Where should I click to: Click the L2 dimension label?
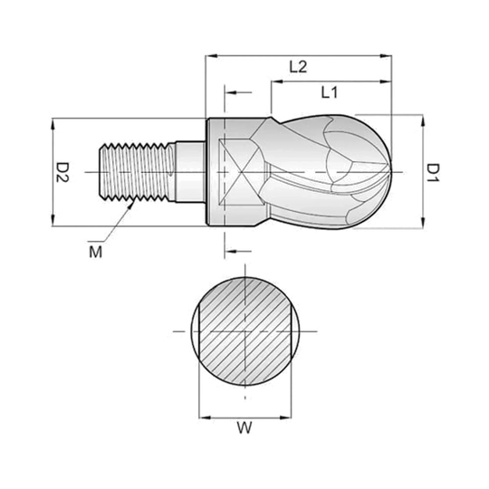click(x=298, y=67)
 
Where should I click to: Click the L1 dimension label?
click(x=330, y=92)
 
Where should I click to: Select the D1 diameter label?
click(x=433, y=172)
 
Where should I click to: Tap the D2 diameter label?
click(x=62, y=172)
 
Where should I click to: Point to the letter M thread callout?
click(x=95, y=252)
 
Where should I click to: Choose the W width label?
click(x=244, y=427)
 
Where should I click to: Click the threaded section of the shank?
click(x=137, y=171)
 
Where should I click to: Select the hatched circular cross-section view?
click(x=245, y=331)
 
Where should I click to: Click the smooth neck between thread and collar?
click(x=190, y=172)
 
